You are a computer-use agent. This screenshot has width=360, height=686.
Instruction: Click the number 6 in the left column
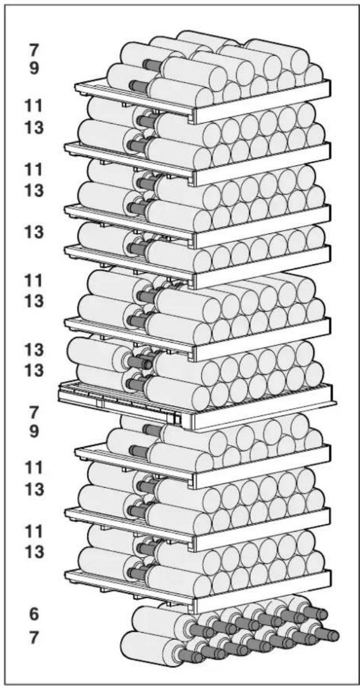[x=34, y=614]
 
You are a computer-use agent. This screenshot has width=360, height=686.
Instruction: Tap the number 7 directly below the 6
[x=34, y=637]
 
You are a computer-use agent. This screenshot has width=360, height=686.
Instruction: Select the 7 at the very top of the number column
[x=34, y=50]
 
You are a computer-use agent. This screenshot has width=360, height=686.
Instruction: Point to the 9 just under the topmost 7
[x=34, y=69]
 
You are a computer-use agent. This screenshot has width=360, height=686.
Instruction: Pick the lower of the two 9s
[x=34, y=431]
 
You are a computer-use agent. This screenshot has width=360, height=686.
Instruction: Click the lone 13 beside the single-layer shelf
[x=34, y=232]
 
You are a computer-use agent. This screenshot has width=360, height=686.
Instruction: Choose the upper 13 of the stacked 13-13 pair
[x=34, y=350]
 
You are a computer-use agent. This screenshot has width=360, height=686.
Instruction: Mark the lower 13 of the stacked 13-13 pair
[x=34, y=370]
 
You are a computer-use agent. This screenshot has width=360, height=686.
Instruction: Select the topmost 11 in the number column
[x=34, y=105]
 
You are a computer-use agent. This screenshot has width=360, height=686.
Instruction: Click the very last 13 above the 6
[x=34, y=552]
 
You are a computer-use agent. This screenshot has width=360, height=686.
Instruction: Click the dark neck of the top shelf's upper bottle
[x=152, y=65]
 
